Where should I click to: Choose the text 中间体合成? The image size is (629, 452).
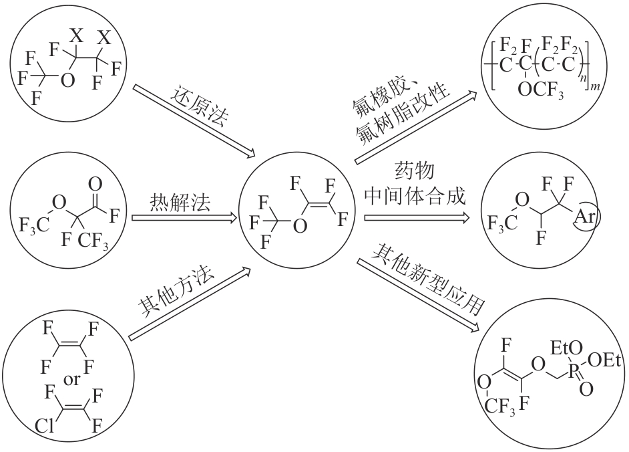(415, 196)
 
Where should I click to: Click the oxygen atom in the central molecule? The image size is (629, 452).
(301, 226)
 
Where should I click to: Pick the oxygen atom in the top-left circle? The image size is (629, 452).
(65, 81)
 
